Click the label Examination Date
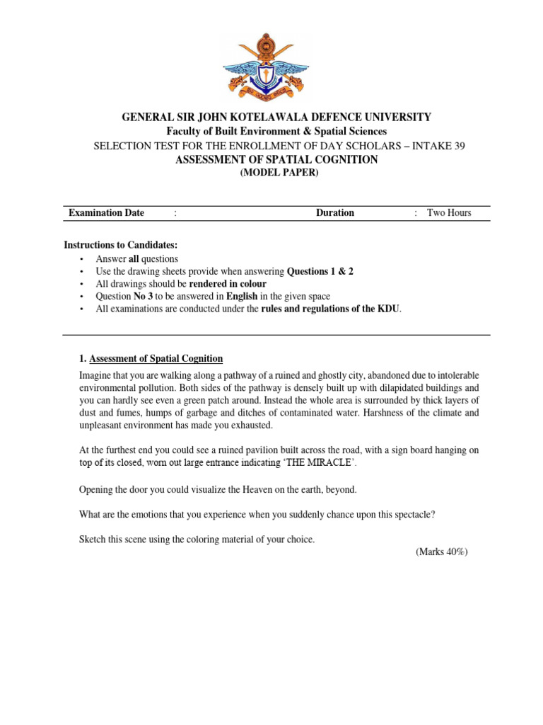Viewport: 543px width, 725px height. (x=106, y=213)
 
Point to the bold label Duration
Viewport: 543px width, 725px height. (x=335, y=213)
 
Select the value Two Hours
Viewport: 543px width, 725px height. (x=449, y=213)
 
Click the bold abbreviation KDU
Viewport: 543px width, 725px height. (x=390, y=309)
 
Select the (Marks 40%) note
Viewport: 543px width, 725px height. (x=442, y=552)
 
